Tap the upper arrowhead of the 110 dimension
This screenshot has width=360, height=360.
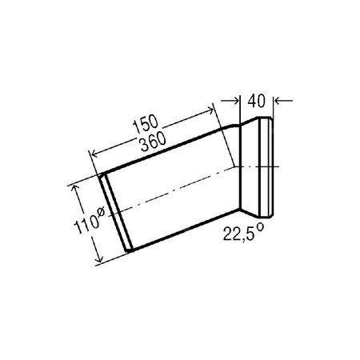pos(77,187)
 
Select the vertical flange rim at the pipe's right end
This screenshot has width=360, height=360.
pos(267,168)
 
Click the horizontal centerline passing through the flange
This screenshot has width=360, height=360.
pos(260,167)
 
